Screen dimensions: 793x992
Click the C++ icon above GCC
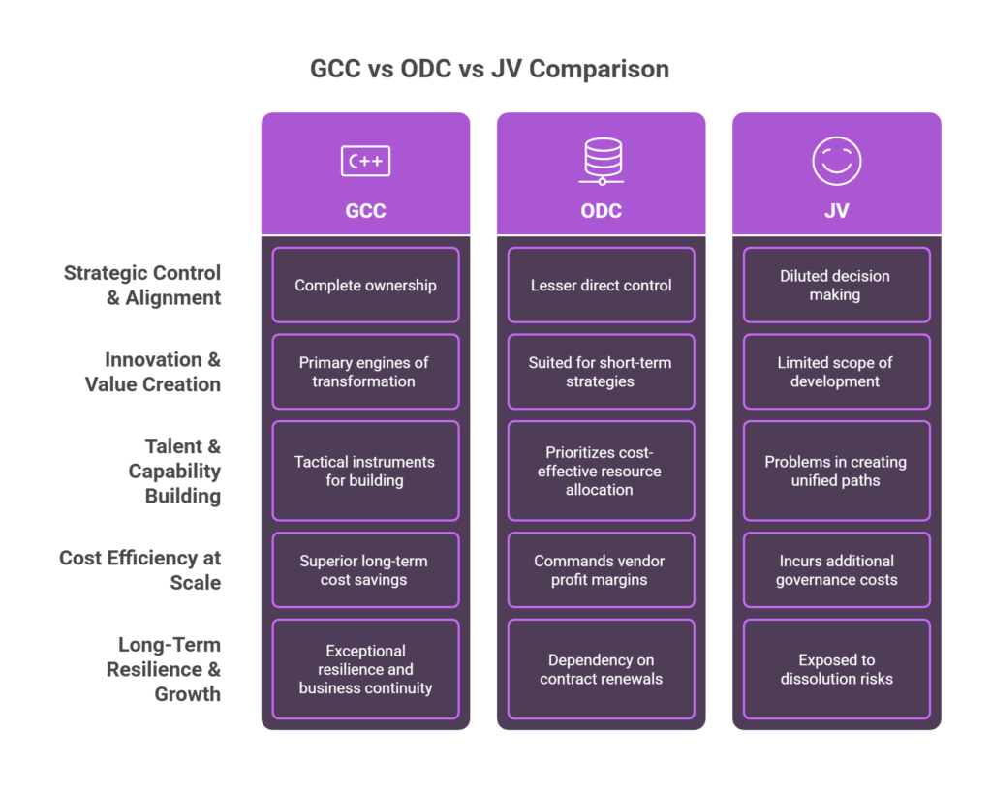365,162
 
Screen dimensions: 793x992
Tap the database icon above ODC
602,161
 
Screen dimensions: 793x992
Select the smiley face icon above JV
836,161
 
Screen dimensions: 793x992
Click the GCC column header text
365,210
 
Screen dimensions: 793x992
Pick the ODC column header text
602,210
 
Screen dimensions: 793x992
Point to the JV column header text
836,210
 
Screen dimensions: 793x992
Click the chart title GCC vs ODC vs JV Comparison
489,70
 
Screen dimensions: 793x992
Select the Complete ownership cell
365,286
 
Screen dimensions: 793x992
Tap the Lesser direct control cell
602,286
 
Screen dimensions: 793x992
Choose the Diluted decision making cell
836,286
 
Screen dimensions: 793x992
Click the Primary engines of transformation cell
365,372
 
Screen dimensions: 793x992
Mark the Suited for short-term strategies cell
602,372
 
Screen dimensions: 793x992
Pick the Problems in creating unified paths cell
836,471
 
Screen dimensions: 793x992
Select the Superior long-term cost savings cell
365,570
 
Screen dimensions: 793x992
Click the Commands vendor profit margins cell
602,570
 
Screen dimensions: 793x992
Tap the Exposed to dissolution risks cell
836,669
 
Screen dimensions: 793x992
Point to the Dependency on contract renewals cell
602,669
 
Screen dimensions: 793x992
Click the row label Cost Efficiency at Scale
140,570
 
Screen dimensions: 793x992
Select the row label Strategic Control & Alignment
142,286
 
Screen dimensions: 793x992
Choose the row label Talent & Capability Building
174,471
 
